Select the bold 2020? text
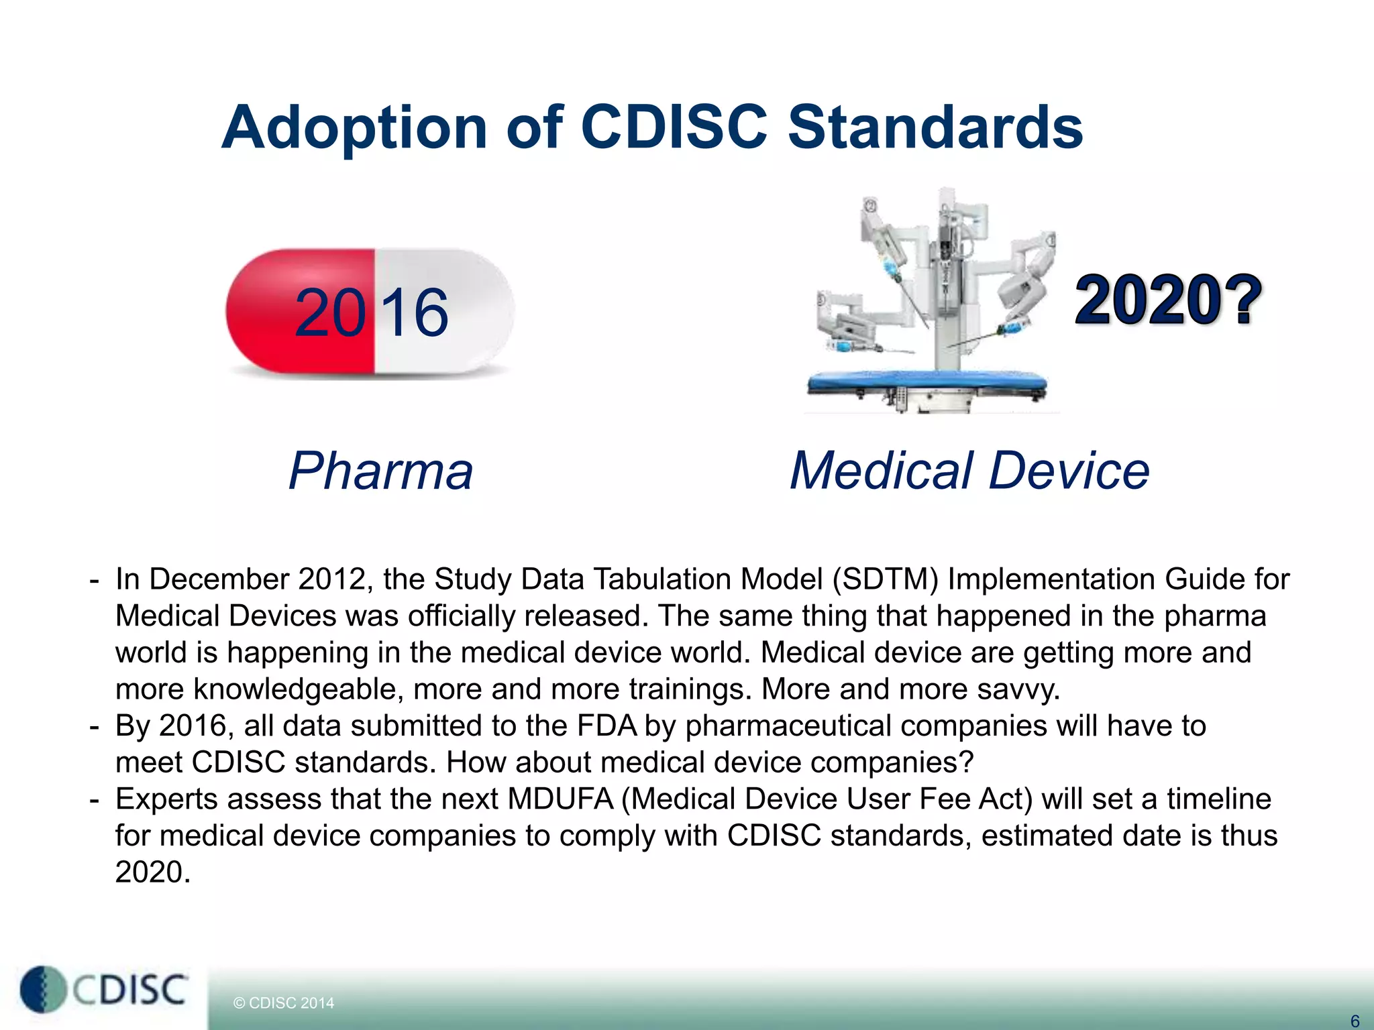click(1167, 300)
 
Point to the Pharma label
click(380, 471)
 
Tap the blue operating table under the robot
click(926, 384)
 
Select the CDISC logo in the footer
click(104, 990)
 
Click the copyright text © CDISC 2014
click(283, 1003)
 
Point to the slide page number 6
click(1354, 1021)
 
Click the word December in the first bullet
click(219, 579)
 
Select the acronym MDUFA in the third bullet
click(560, 799)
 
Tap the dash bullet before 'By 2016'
click(95, 726)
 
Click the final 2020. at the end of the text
click(153, 872)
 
